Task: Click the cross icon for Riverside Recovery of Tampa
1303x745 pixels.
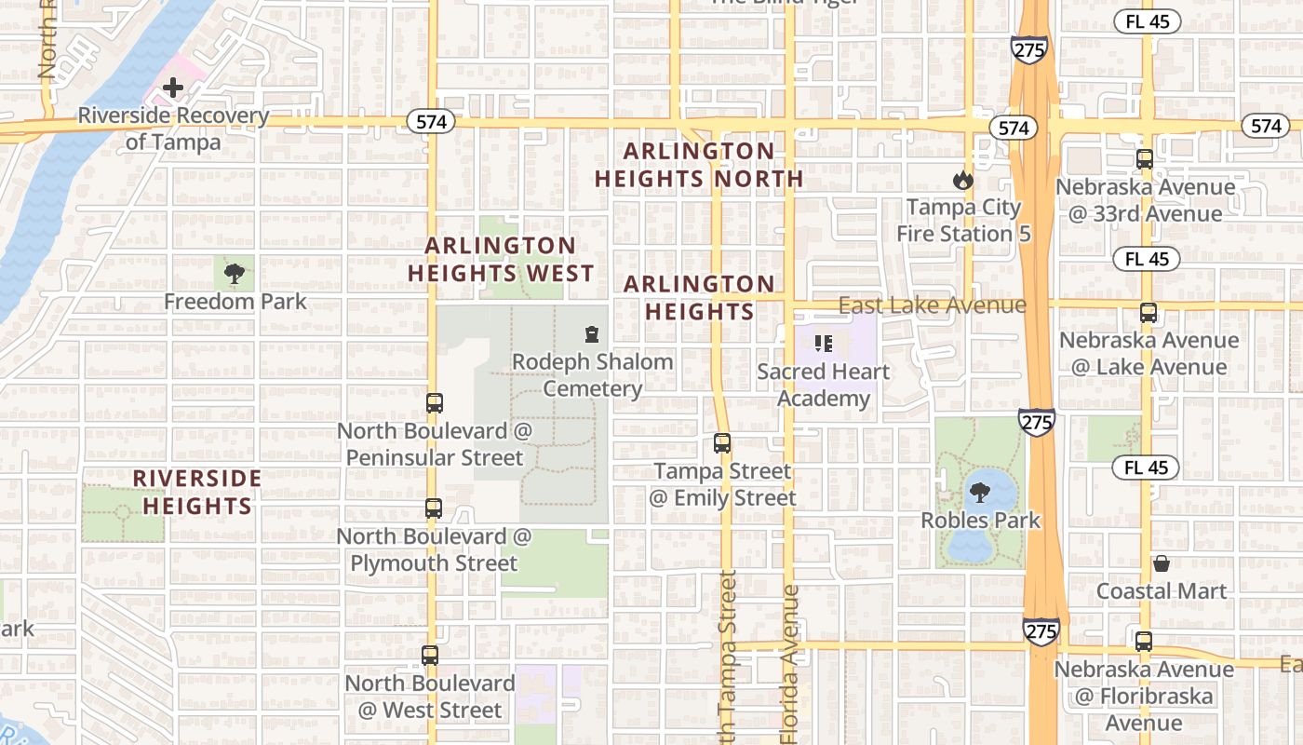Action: tap(173, 88)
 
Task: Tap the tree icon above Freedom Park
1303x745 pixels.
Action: tap(235, 273)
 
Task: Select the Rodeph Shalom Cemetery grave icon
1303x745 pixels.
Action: tap(591, 333)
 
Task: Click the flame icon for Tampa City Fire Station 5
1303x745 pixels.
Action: tap(962, 180)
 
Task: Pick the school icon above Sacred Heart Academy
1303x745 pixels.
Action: tap(823, 344)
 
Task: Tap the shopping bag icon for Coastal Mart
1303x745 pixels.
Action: tap(1161, 563)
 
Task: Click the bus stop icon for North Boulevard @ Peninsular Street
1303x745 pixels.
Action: tap(434, 403)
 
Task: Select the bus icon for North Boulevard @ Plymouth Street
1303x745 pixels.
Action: tap(433, 508)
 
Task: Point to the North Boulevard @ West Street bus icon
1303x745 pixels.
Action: tap(429, 656)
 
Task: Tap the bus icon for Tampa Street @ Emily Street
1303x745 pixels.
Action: tap(722, 443)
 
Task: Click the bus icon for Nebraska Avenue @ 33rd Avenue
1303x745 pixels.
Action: tap(1145, 159)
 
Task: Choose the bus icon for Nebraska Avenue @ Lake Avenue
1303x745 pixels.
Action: tap(1149, 313)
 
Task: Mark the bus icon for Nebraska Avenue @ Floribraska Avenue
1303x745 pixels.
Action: tap(1144, 642)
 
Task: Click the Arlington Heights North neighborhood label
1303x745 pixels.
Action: tap(698, 165)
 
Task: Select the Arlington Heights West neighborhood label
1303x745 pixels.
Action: tap(501, 260)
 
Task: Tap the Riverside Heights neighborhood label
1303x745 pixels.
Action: tap(196, 492)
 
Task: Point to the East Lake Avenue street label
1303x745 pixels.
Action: tap(932, 305)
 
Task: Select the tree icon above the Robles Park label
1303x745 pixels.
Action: tap(979, 493)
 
